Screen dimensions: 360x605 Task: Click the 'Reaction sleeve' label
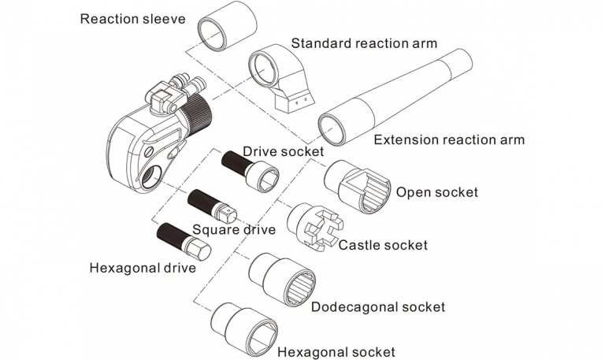click(x=132, y=17)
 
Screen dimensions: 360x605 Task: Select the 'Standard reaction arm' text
click(x=364, y=43)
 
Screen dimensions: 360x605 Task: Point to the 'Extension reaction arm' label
click(x=448, y=140)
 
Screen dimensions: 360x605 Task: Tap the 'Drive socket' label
click(x=283, y=150)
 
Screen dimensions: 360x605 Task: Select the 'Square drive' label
click(x=234, y=229)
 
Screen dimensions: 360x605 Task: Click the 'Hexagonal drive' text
click(x=142, y=267)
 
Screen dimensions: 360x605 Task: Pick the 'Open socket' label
click(x=436, y=191)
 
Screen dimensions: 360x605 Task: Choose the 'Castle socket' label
click(x=383, y=245)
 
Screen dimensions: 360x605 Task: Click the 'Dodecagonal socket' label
click(x=378, y=306)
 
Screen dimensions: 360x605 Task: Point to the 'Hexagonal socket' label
click(x=336, y=351)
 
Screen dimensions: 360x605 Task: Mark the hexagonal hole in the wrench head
click(x=152, y=172)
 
